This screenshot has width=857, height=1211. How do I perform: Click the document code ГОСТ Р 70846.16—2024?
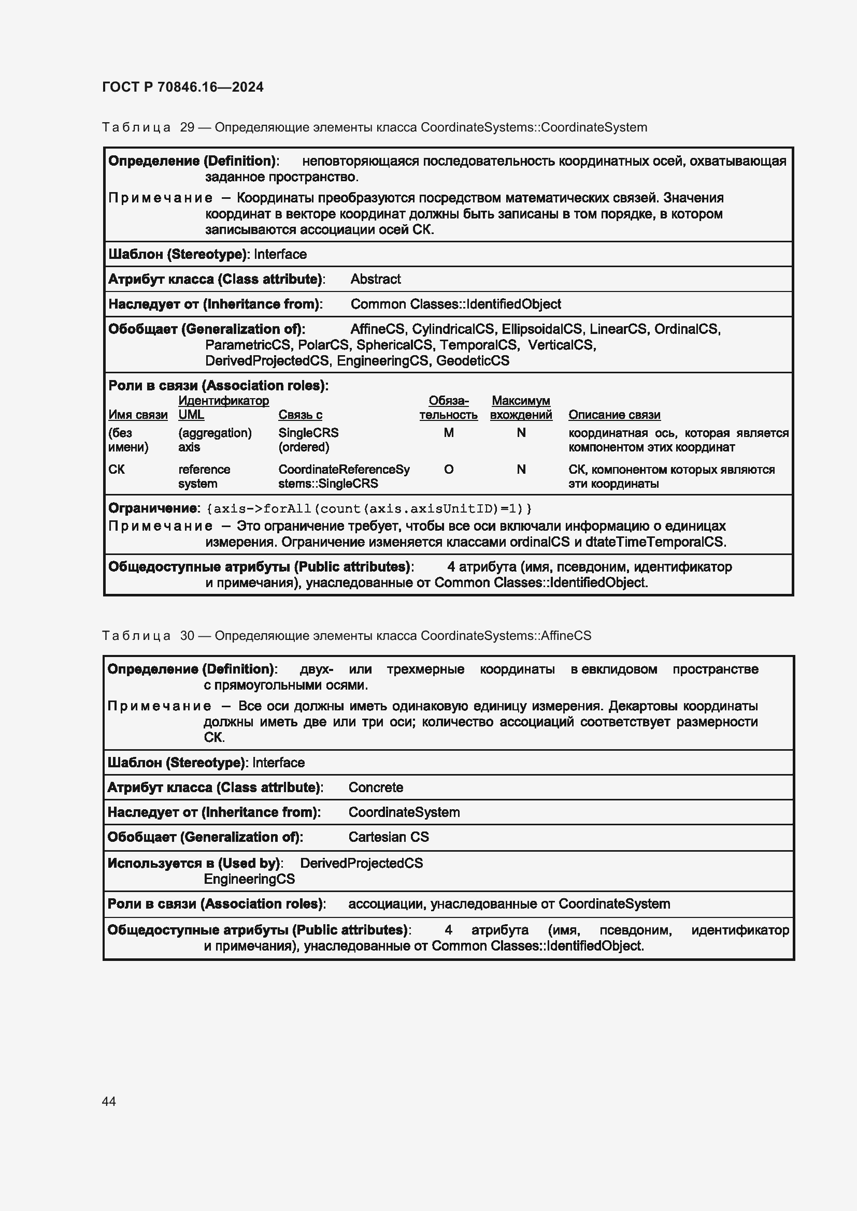(182, 87)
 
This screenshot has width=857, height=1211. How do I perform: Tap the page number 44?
(109, 1101)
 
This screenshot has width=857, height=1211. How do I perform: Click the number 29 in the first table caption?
(188, 127)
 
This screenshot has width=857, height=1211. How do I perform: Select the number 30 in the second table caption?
(188, 636)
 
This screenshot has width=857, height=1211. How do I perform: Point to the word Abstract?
(375, 279)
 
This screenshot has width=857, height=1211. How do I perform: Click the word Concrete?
(375, 787)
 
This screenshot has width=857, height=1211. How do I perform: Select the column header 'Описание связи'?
(615, 415)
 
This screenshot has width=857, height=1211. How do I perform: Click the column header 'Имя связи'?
(138, 415)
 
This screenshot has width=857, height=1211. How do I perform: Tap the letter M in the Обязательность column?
(449, 433)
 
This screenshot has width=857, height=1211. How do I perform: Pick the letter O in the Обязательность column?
(449, 470)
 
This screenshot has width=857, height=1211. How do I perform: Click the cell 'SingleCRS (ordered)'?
(308, 440)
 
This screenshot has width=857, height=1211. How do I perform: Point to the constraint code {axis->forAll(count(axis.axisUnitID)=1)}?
(369, 509)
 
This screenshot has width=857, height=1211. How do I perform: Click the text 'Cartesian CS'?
(389, 837)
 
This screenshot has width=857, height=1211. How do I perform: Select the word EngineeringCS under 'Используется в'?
(249, 879)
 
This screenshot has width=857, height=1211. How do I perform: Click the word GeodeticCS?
(473, 361)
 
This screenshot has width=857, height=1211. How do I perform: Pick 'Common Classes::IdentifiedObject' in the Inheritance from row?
(455, 304)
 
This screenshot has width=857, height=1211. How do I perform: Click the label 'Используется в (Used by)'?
(194, 864)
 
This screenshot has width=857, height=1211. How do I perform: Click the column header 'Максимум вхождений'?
(521, 408)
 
